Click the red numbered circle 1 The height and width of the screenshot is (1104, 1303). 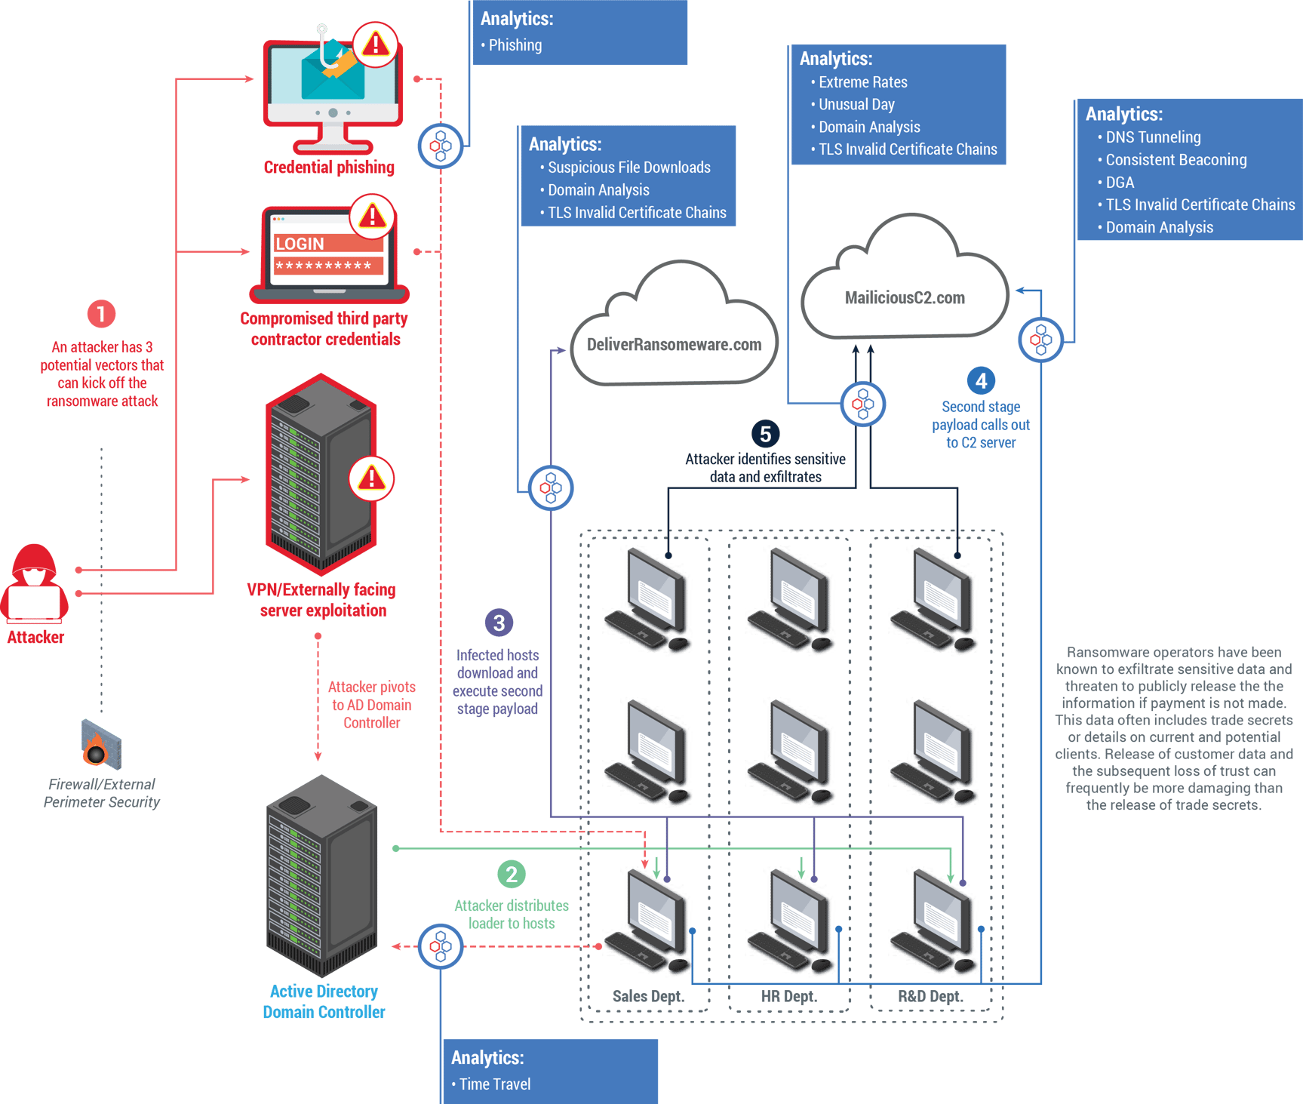(x=101, y=314)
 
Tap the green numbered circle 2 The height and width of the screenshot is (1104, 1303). (x=512, y=875)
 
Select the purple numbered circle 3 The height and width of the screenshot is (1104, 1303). (x=499, y=623)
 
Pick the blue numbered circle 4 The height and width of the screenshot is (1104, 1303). (x=981, y=381)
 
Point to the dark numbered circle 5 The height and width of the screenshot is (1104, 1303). (x=765, y=434)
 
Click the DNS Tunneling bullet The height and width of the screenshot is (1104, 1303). (x=1152, y=137)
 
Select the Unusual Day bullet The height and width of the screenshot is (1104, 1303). (x=856, y=105)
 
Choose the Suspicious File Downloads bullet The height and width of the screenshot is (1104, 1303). (x=628, y=168)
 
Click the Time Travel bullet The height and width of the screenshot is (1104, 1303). (x=494, y=1084)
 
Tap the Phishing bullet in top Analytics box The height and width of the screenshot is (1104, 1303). (x=515, y=45)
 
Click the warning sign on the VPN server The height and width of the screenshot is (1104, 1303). (x=371, y=478)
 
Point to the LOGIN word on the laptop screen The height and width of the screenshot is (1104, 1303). (x=300, y=244)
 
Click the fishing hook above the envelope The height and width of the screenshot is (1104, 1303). (x=324, y=47)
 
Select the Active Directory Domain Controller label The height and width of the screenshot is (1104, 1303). (x=324, y=1001)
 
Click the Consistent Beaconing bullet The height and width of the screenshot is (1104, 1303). (x=1175, y=160)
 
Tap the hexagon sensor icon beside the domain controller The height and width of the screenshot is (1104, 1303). (x=441, y=946)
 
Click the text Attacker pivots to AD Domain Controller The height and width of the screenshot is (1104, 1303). (x=371, y=705)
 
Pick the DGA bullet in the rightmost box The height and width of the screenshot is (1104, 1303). (x=1119, y=183)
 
